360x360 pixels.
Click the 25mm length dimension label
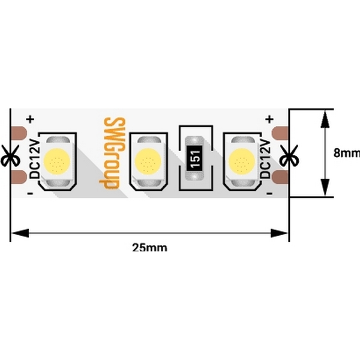click(x=149, y=248)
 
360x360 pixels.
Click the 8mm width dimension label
click(x=347, y=152)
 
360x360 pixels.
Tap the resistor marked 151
click(x=194, y=158)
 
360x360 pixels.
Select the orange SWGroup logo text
click(x=113, y=154)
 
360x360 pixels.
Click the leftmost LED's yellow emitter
click(x=57, y=161)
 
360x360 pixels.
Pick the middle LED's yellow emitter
click(x=148, y=161)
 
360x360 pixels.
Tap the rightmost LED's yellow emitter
click(x=242, y=161)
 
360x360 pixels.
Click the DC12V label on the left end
click(x=35, y=160)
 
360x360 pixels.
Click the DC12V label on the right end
click(x=265, y=159)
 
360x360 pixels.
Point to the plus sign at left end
click(x=30, y=119)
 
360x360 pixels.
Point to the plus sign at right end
click(x=269, y=119)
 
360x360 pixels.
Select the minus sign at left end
click(x=30, y=194)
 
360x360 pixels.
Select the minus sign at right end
click(x=269, y=194)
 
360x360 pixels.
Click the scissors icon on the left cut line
click(x=10, y=155)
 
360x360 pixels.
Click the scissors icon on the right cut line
click(x=289, y=155)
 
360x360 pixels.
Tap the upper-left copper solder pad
click(x=19, y=133)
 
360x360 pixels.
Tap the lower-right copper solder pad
click(x=280, y=177)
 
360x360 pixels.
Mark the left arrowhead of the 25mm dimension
click(x=20, y=233)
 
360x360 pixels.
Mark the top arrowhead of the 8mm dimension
click(x=325, y=119)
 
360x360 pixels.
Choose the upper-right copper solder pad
click(x=280, y=133)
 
